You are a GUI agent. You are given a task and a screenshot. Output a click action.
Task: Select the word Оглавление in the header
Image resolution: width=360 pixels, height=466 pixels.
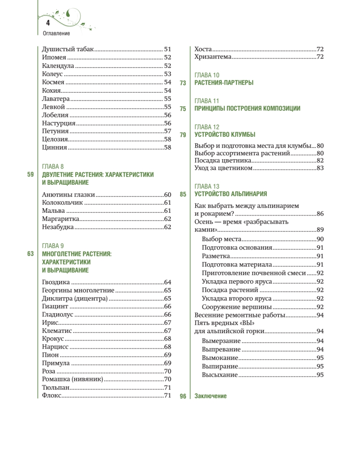click(57, 33)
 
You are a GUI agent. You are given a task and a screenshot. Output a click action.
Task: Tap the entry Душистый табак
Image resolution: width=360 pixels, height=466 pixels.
click(68, 49)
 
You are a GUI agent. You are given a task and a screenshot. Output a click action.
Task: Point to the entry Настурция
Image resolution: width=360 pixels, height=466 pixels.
click(59, 123)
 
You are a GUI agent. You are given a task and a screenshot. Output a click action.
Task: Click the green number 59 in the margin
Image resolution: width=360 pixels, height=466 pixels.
click(31, 175)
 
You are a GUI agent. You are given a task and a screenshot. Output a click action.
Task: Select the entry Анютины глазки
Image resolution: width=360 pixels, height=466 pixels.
click(68, 195)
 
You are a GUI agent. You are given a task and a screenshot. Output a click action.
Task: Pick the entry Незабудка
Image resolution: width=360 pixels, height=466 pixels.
click(58, 227)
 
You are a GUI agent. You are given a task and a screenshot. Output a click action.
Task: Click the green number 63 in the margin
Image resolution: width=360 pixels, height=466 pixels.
click(31, 254)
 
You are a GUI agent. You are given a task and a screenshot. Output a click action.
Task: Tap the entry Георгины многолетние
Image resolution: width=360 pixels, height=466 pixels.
click(78, 290)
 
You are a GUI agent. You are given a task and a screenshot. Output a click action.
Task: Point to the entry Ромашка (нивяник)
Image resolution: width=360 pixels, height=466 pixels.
click(72, 379)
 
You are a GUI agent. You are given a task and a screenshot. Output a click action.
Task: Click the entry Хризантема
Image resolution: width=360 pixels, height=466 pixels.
click(213, 57)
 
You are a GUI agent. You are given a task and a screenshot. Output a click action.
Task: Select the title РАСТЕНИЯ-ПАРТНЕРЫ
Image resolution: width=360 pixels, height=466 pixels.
click(224, 83)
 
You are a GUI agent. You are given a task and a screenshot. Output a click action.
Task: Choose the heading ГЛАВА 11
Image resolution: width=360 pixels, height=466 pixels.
click(207, 101)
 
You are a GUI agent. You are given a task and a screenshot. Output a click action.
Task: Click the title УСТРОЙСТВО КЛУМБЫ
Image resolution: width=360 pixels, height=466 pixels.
click(225, 135)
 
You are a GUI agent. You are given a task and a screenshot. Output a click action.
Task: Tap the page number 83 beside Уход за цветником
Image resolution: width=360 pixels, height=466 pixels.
click(320, 168)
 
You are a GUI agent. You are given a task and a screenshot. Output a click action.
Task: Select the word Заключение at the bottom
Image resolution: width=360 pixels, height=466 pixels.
click(210, 396)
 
